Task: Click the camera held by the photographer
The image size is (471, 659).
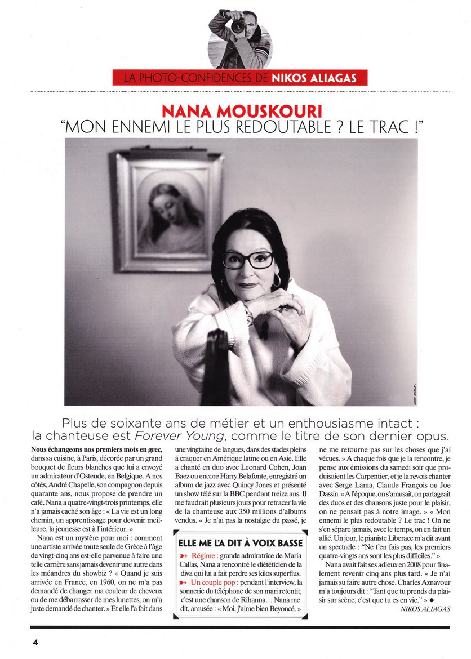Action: (238, 25)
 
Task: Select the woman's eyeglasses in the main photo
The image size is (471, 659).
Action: (248, 259)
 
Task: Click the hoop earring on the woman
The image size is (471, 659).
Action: (277, 280)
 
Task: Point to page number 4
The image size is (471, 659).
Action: (34, 643)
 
